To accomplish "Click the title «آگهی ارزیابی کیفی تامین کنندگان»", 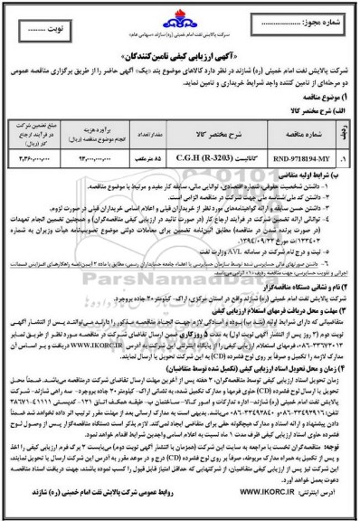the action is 180,43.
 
